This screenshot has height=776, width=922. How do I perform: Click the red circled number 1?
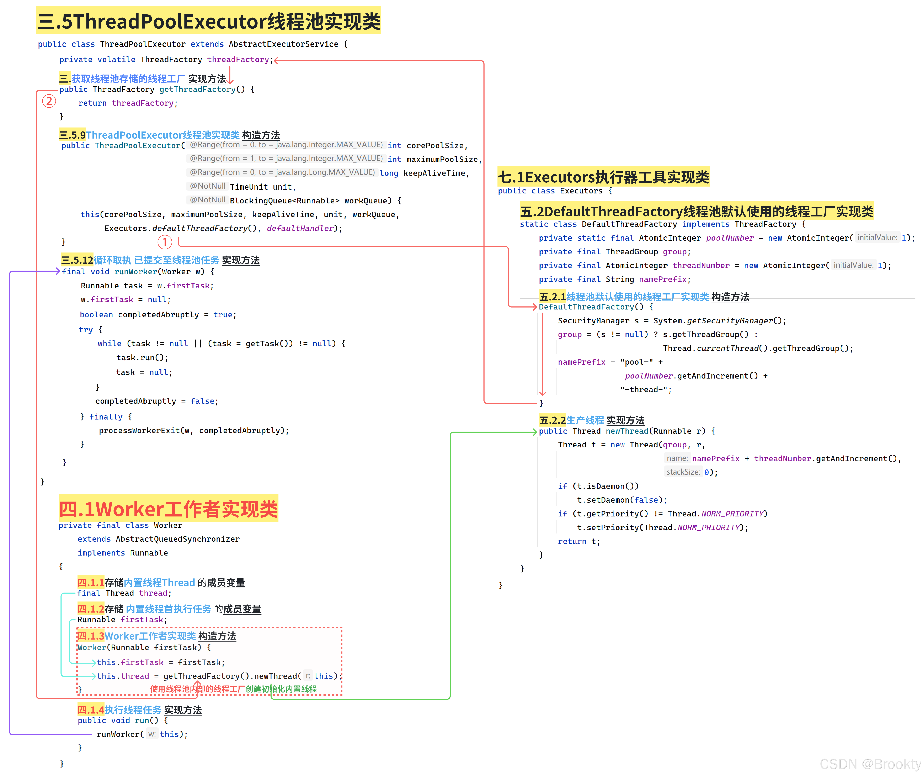tap(164, 242)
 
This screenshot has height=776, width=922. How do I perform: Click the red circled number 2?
tap(49, 101)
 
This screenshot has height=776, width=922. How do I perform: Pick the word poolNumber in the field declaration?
tap(729, 238)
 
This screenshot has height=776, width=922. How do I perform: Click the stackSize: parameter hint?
tap(683, 472)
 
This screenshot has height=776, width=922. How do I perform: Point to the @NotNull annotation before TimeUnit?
tap(207, 186)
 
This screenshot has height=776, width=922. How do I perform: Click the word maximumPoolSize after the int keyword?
tap(442, 159)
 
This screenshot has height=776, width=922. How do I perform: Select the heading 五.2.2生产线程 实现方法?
tap(591, 420)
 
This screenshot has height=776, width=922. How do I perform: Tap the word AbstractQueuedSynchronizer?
tap(178, 539)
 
